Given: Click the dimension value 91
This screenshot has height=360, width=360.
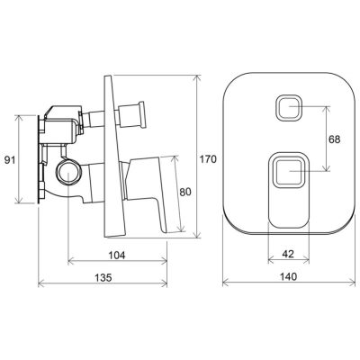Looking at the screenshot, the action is pos(10,160).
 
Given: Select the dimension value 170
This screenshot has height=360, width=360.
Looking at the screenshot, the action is pos(209,159).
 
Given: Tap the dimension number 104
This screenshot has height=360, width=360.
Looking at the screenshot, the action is pos(116,256).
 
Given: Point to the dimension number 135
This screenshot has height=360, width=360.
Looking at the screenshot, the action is pos(103,277).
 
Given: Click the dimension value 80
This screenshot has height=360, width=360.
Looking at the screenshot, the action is pos(185,192).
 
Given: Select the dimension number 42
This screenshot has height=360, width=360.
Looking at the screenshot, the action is pos(288,254).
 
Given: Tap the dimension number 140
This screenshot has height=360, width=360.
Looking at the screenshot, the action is pos(289,276).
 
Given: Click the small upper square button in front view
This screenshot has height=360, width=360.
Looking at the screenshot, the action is pos(288,107).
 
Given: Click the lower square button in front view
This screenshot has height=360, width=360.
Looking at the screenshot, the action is pos(288,172).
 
